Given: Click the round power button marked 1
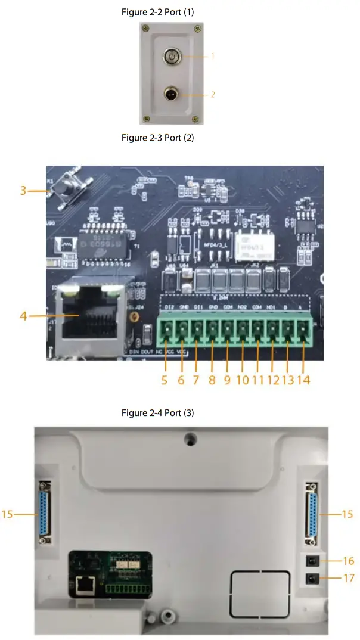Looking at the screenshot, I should (x=172, y=57).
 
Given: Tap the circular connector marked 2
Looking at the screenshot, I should (x=172, y=93).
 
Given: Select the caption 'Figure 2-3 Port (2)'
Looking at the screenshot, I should (x=158, y=138).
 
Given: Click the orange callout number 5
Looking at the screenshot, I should (x=164, y=380).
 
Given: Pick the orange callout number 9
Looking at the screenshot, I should (x=227, y=380).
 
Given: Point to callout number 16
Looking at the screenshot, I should (x=349, y=561).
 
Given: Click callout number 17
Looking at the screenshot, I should (x=349, y=577).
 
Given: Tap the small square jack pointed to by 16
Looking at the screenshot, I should (x=311, y=561).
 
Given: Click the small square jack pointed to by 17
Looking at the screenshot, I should (x=311, y=577).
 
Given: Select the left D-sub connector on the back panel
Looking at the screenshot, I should (x=44, y=514).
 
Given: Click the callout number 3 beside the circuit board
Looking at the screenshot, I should (x=23, y=191).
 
